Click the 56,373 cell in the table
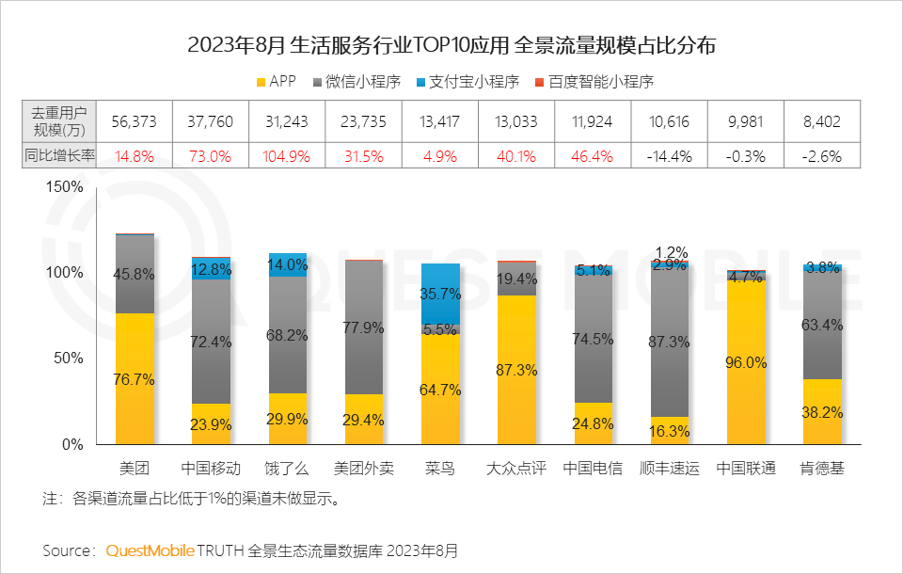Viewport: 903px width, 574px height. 135,121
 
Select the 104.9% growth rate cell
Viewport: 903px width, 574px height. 288,156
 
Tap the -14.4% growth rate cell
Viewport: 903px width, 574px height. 670,156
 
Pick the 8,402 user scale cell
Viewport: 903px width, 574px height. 822,121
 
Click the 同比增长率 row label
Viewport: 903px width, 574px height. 58,156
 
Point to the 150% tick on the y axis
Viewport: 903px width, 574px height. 64,186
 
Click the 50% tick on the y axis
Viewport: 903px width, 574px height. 68,359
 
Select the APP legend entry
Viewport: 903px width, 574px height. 275,81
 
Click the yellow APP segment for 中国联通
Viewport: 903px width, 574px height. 746,361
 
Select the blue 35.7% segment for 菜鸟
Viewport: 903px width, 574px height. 440,294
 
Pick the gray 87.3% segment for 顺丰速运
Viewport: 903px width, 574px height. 670,342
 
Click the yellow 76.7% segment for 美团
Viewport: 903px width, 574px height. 135,378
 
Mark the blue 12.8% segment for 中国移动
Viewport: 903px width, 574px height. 211,269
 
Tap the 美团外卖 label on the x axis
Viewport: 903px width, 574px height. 364,469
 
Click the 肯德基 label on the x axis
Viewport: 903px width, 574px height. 822,469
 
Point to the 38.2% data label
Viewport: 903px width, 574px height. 822,411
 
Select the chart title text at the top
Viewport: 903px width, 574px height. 451,45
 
